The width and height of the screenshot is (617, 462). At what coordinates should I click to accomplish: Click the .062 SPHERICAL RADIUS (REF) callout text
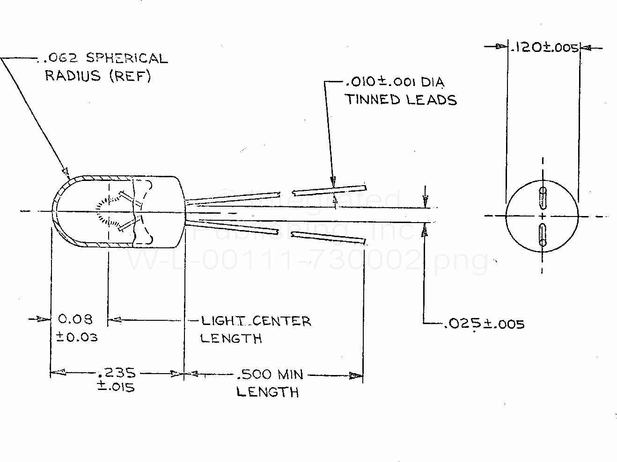point(105,66)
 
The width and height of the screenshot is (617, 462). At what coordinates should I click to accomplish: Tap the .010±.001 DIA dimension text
point(395,82)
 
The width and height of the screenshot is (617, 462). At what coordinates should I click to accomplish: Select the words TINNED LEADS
point(401,100)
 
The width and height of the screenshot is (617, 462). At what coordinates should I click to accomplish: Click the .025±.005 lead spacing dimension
point(484,324)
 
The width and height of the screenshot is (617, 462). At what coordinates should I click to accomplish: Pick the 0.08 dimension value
point(75,319)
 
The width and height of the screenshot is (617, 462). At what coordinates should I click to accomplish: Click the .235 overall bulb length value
point(116,373)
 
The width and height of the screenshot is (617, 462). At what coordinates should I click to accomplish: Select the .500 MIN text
point(270,374)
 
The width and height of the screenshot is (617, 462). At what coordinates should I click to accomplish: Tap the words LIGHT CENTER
point(256,321)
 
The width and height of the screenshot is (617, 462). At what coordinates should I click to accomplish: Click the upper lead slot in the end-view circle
point(543,198)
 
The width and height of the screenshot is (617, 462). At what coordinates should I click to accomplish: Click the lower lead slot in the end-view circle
point(543,234)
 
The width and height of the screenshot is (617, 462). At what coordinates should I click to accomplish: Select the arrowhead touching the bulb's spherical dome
point(66,171)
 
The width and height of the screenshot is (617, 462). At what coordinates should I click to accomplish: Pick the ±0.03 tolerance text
point(77,337)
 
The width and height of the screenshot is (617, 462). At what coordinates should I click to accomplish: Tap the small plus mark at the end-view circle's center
point(543,216)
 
